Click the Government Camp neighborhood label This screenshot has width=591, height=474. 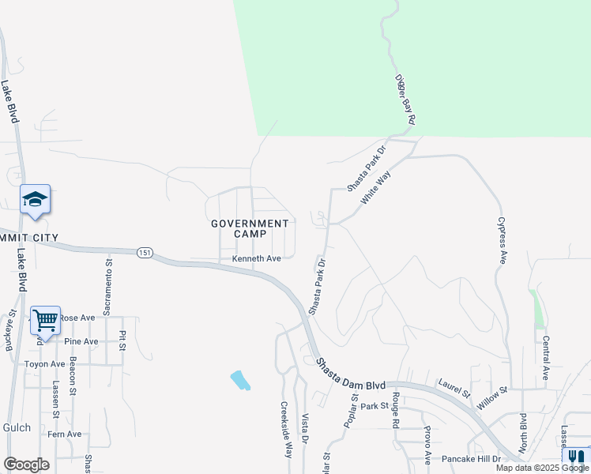(250, 228)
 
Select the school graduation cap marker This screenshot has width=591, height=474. (36, 200)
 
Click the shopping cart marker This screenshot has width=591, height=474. (46, 321)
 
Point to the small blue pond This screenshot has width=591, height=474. (240, 380)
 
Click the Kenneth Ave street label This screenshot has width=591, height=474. (257, 259)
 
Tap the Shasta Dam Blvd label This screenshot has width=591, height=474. (352, 375)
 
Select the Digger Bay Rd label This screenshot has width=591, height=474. (405, 100)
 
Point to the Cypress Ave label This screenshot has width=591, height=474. (501, 241)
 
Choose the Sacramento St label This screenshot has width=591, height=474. (109, 283)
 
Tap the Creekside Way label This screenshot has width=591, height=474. (287, 430)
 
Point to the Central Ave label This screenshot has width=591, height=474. (545, 358)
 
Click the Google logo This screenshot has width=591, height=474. (26, 465)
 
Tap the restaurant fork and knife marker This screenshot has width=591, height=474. (577, 457)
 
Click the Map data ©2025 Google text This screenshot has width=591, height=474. (542, 468)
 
